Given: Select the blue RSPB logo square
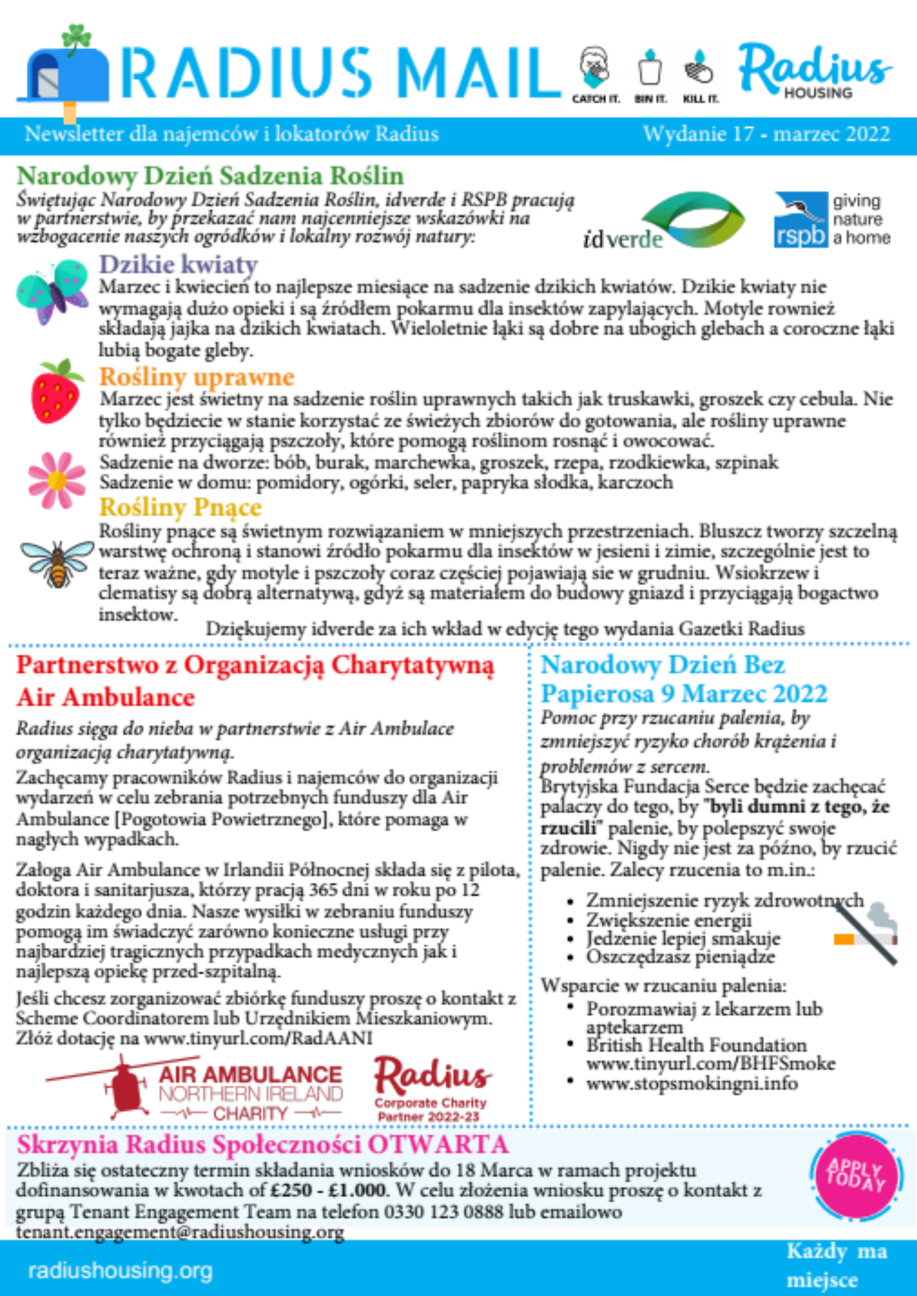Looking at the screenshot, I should (x=801, y=219).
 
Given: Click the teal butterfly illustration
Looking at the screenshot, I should (x=53, y=291).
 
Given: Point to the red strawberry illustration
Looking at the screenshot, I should (x=56, y=391).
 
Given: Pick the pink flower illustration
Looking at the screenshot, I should (x=57, y=480).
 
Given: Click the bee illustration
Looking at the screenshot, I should (x=57, y=562).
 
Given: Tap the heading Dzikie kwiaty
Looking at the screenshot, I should (x=178, y=264).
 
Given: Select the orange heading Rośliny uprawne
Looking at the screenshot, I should (x=196, y=376).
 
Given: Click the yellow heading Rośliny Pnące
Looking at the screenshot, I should (x=180, y=507).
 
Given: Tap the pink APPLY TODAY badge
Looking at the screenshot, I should (x=855, y=1176).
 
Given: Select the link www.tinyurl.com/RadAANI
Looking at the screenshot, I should (x=258, y=1038).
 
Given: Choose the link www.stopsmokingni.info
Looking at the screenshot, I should (x=692, y=1083).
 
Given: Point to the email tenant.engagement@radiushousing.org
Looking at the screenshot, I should (x=180, y=1232).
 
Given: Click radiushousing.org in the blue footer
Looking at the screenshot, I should (x=121, y=1271).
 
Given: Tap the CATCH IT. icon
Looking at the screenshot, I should (x=595, y=75).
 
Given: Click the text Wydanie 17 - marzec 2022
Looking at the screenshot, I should (x=766, y=134).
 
